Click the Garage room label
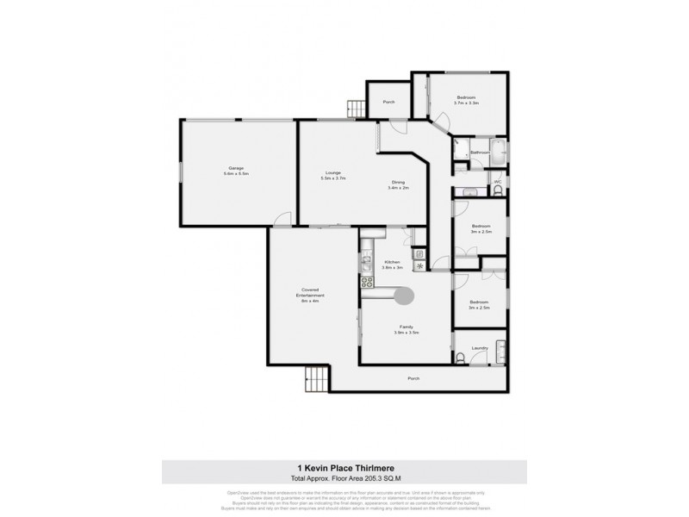point(235,168)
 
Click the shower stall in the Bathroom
point(462,146)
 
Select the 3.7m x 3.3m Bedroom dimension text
point(467,103)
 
